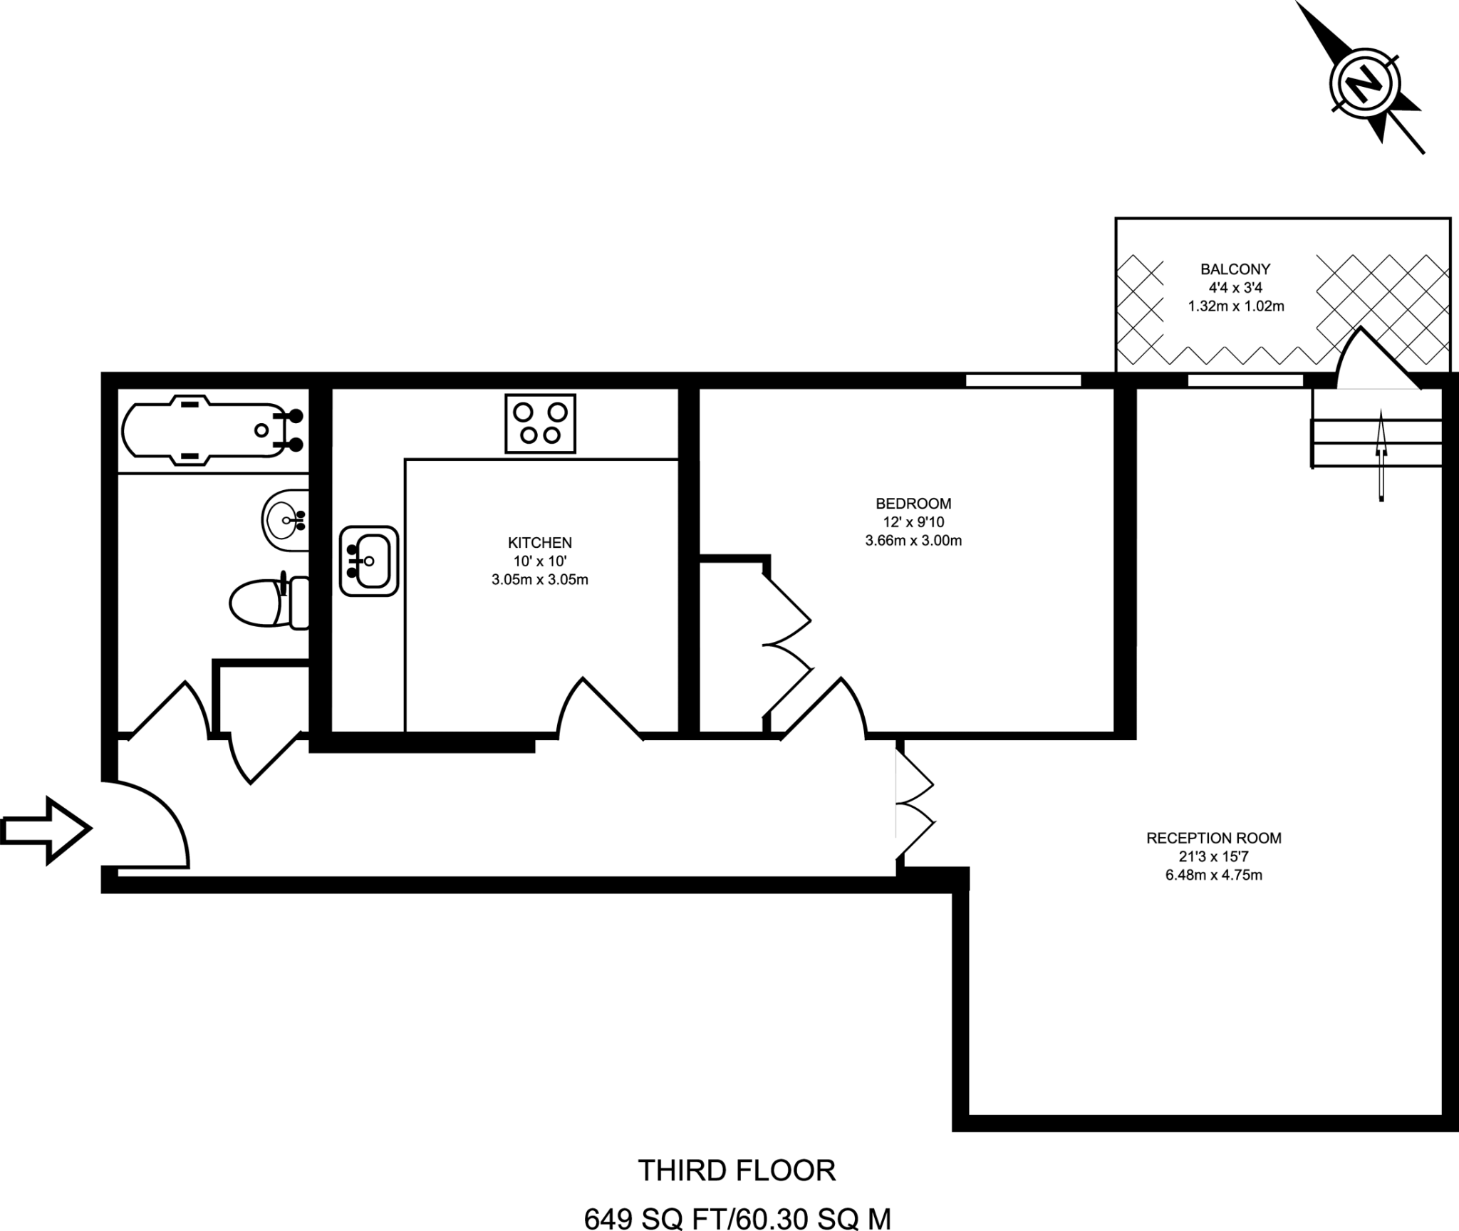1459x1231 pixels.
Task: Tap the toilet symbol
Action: coord(267,603)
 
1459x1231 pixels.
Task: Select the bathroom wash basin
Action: coord(285,520)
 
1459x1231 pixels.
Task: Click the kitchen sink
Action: coord(368,561)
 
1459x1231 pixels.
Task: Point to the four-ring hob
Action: coord(540,423)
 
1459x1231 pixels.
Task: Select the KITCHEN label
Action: coord(539,542)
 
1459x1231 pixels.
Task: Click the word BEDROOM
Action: coord(913,503)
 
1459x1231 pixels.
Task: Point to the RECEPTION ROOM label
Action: coord(1213,838)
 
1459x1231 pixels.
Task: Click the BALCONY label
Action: coord(1235,269)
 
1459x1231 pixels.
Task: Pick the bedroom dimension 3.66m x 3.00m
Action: coord(913,541)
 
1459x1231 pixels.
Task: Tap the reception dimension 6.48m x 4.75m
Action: coord(1213,875)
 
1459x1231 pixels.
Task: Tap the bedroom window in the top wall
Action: coord(1023,380)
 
